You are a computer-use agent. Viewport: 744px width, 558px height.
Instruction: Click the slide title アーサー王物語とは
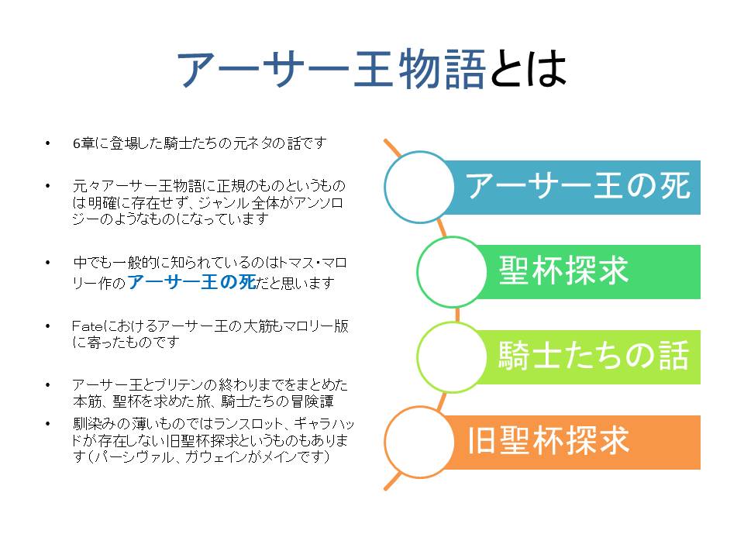[372, 70]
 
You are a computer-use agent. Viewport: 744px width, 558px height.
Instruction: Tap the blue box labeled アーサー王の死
[577, 187]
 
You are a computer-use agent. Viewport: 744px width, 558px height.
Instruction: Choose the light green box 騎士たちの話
[593, 357]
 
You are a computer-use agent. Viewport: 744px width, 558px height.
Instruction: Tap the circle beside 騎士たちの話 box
[452, 357]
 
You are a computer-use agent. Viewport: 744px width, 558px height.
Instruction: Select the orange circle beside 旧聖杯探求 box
[419, 442]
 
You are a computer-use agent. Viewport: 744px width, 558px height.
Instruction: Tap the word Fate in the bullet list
[84, 325]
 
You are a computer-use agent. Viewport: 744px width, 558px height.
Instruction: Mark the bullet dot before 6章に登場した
[49, 143]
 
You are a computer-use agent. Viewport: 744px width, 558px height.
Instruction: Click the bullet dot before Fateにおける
[49, 325]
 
